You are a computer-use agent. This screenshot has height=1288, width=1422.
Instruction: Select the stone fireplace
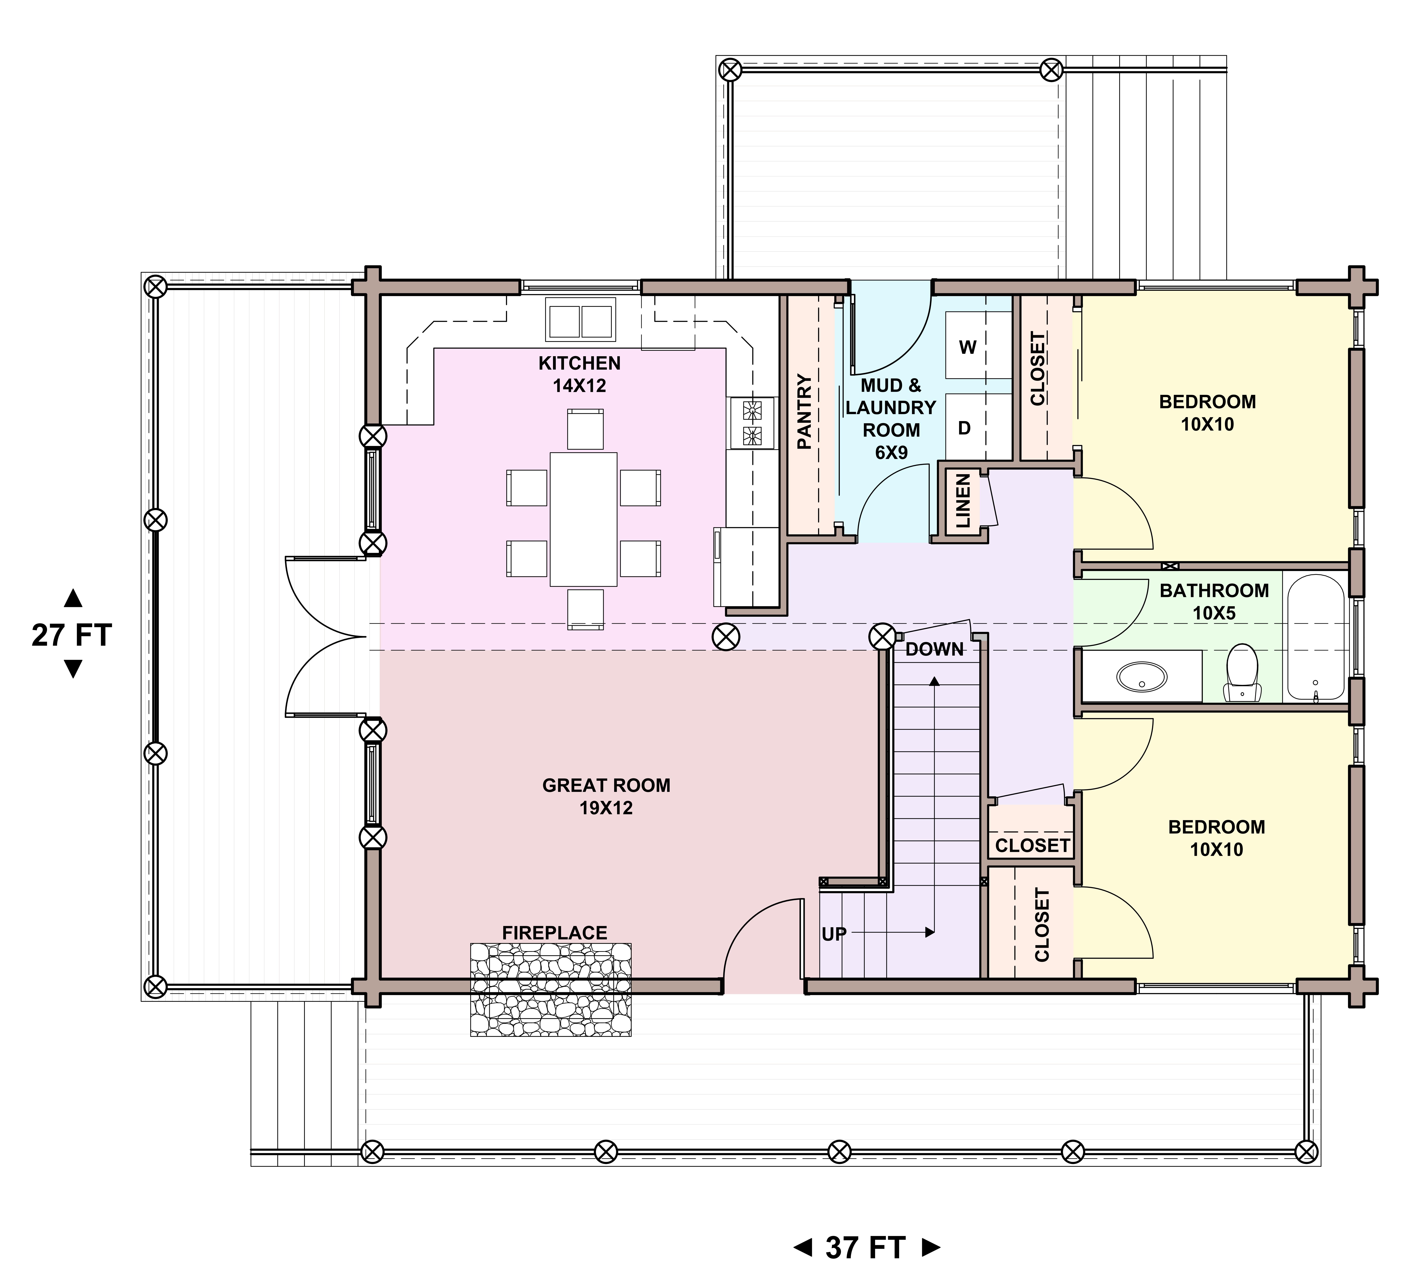click(551, 990)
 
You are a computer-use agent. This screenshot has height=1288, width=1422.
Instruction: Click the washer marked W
click(978, 346)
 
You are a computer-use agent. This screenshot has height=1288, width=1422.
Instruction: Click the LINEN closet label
click(963, 501)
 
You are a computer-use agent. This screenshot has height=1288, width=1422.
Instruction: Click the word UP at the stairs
click(834, 934)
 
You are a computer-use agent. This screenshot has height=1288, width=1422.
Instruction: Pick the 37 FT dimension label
click(865, 1248)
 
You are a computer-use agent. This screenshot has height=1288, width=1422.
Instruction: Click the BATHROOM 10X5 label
click(1214, 601)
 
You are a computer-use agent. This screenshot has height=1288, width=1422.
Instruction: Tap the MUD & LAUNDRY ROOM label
click(891, 419)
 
